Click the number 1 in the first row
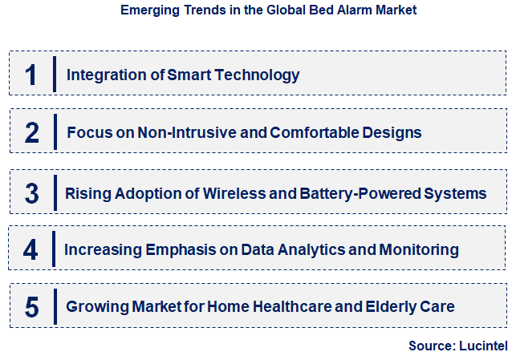[x=30, y=75]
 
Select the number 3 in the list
[x=31, y=193]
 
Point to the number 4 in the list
[x=30, y=249]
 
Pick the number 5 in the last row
[x=31, y=306]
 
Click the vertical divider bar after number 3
[x=54, y=193]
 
